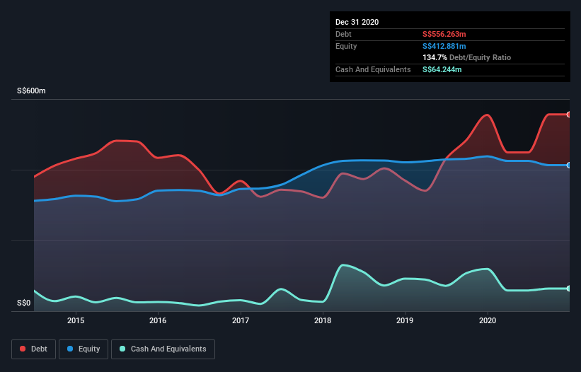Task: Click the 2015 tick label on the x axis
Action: tap(76, 320)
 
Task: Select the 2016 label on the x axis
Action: tap(158, 320)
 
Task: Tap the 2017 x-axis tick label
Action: tap(241, 320)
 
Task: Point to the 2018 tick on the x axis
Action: tap(323, 320)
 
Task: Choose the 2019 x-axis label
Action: tap(405, 320)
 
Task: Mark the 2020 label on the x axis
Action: tap(488, 320)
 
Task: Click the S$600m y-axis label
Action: tap(31, 91)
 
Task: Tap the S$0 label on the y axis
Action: tap(24, 303)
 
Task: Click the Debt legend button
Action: tap(33, 349)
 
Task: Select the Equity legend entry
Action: tap(84, 349)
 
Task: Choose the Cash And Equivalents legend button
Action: tap(163, 349)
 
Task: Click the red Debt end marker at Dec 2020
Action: tap(568, 115)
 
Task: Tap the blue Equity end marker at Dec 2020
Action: tap(568, 165)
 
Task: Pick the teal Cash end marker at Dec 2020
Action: tap(568, 289)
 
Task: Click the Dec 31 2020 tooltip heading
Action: tap(357, 22)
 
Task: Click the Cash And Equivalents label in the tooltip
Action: tap(373, 69)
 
